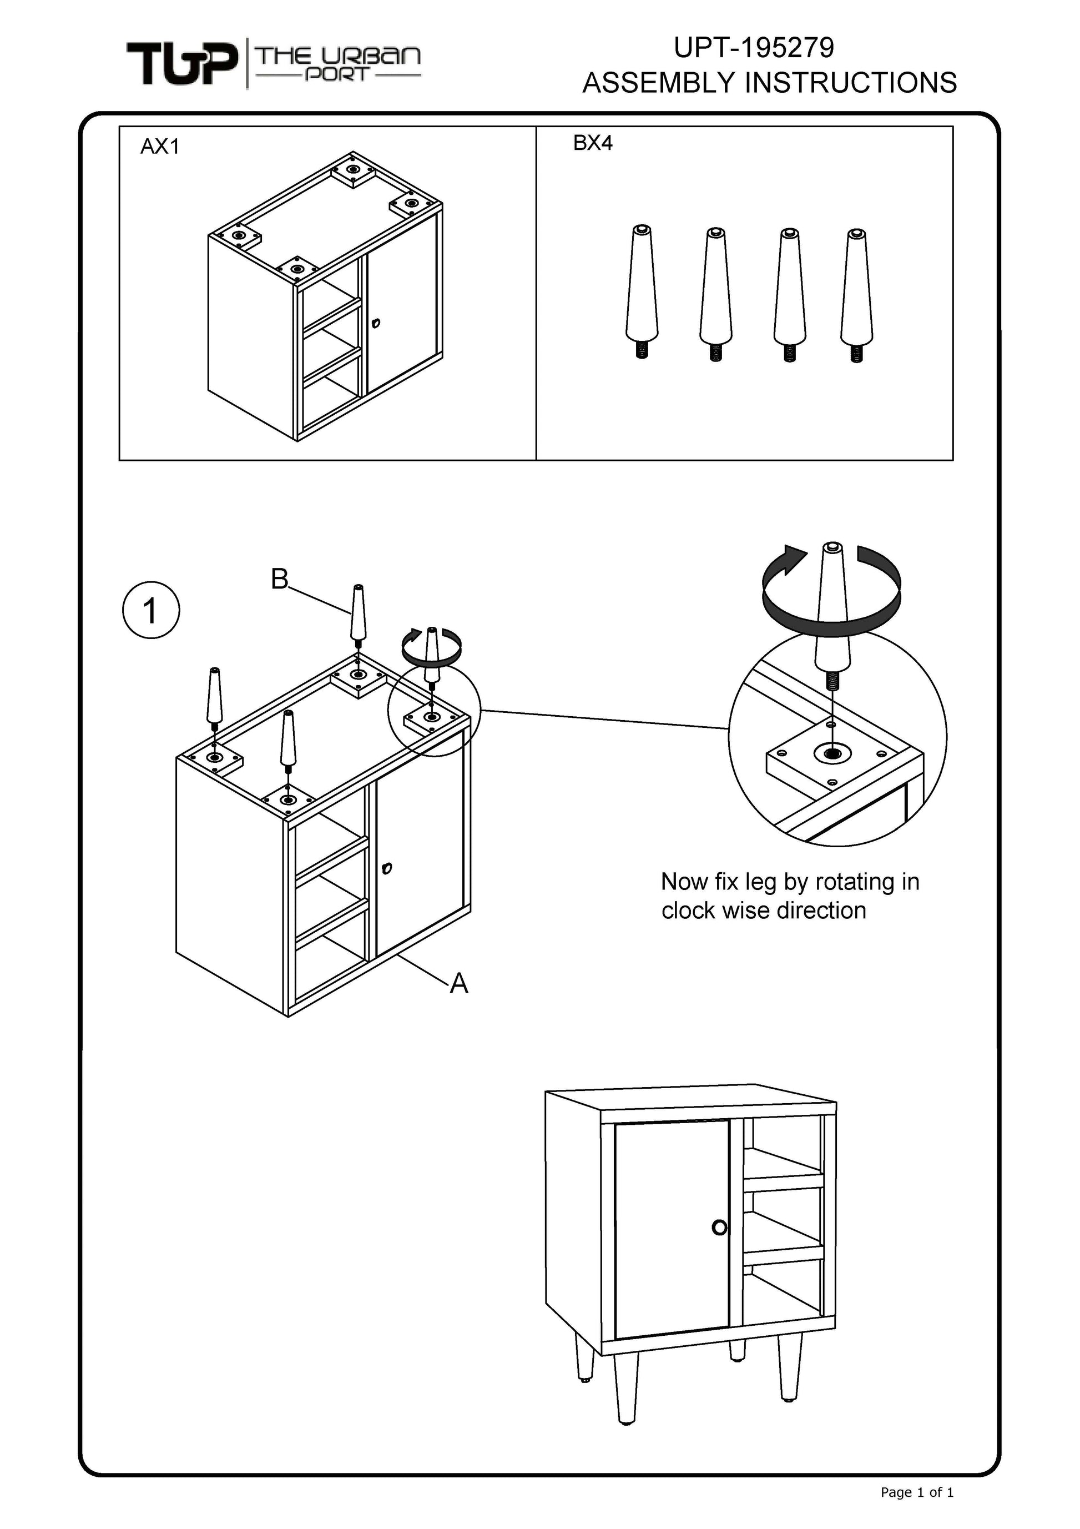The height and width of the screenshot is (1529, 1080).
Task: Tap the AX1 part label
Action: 160,147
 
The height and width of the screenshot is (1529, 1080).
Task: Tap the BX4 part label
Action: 593,143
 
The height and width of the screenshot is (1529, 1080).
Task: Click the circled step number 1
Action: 151,611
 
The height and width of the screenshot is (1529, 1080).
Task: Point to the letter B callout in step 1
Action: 280,580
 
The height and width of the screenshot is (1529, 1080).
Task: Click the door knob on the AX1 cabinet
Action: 376,324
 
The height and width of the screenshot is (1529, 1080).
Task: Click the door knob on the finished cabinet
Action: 719,1228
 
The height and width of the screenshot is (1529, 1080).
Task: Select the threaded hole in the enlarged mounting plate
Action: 832,753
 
